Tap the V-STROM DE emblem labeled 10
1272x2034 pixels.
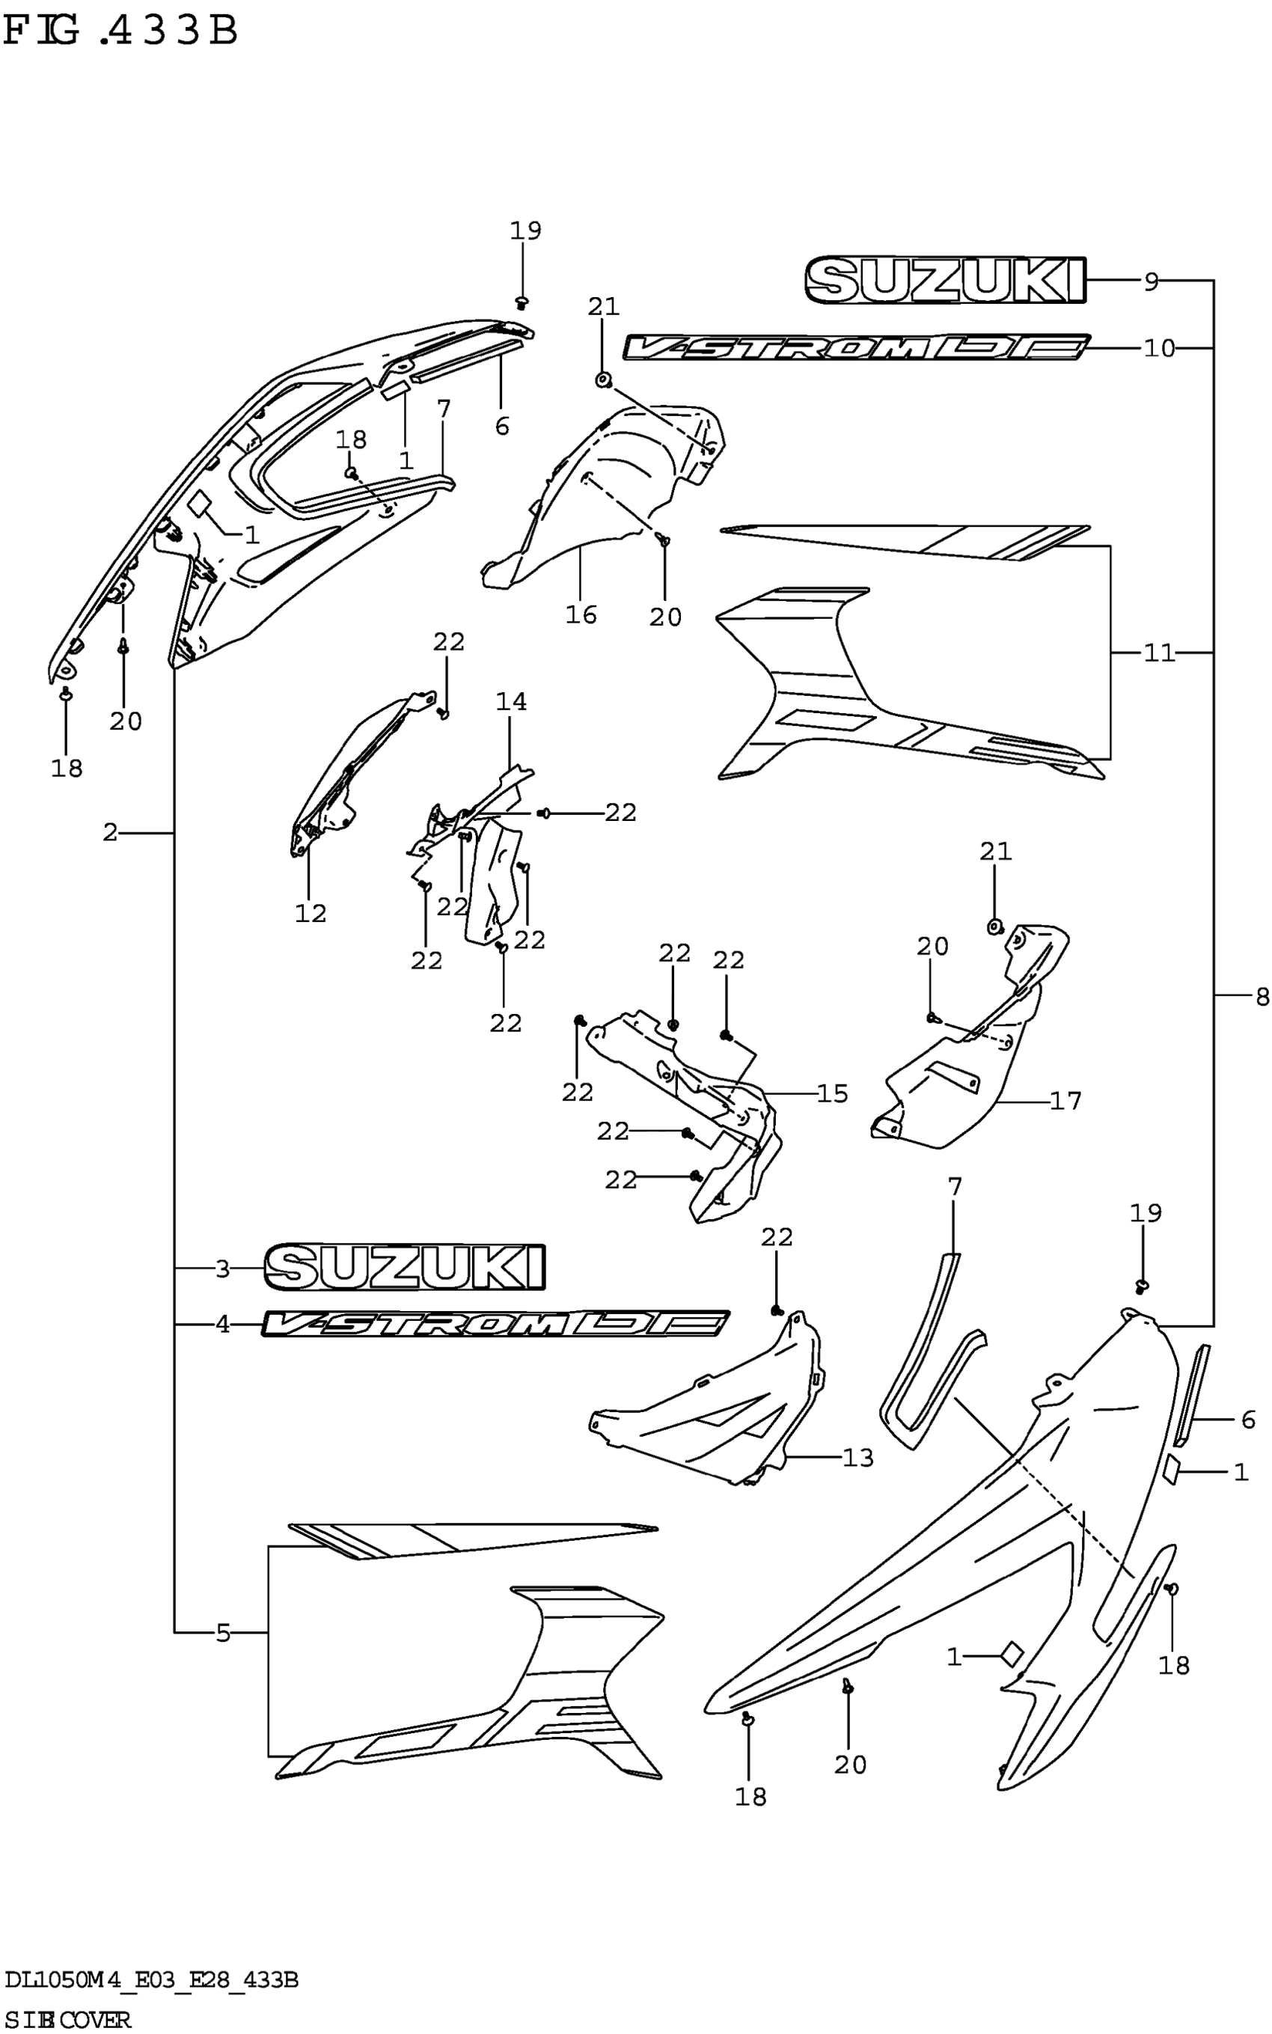pos(857,347)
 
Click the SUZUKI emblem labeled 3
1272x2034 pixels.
pos(405,1268)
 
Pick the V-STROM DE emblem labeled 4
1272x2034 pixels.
pos(495,1324)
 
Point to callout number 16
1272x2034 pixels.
pos(581,615)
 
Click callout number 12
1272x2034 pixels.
pos(310,913)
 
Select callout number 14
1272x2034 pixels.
pos(510,700)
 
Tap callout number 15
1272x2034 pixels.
pos(832,1093)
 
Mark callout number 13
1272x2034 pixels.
pos(858,1458)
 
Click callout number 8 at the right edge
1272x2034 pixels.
pos(1261,997)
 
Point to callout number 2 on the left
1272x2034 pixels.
pos(110,833)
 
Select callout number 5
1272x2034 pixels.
pos(223,1633)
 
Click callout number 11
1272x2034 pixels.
pos(1158,653)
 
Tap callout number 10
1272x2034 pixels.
pos(1158,347)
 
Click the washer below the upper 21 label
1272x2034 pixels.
pos(603,381)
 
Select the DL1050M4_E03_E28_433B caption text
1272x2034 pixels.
pos(151,1980)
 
